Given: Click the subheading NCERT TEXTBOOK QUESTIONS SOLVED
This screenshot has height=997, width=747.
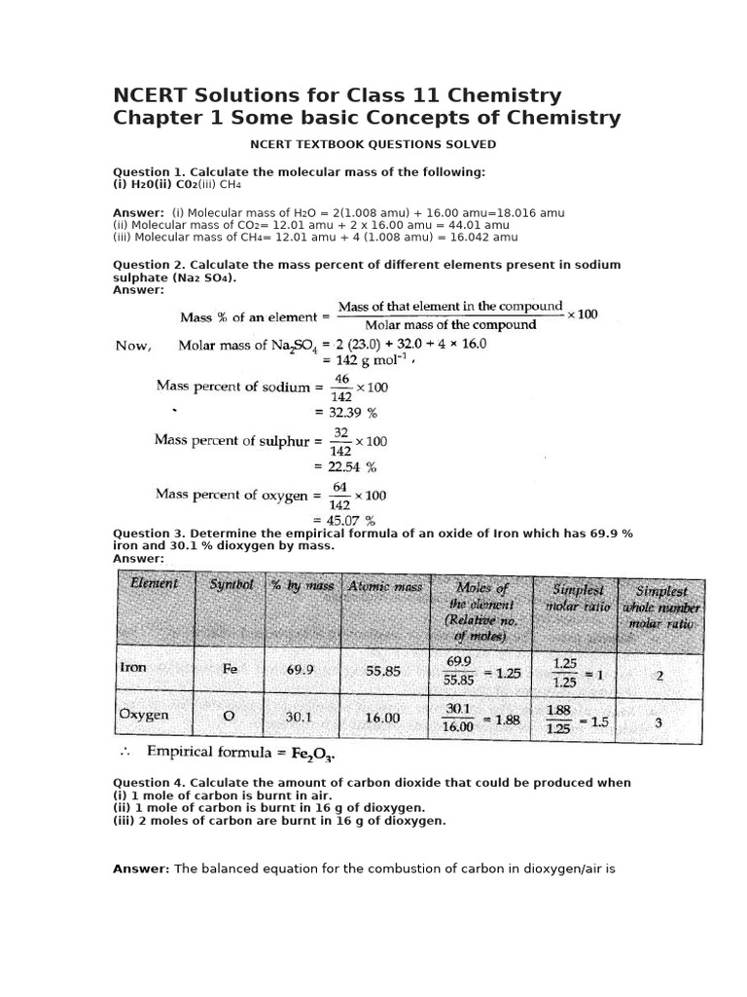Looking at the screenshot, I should pyautogui.click(x=373, y=144).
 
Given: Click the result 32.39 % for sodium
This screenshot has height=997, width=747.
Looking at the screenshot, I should pyautogui.click(x=350, y=412).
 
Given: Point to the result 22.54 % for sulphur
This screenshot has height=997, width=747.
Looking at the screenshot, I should pyautogui.click(x=350, y=466).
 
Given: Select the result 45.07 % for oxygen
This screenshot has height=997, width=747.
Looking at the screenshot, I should pyautogui.click(x=350, y=520).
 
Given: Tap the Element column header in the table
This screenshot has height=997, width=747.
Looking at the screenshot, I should pyautogui.click(x=148, y=584).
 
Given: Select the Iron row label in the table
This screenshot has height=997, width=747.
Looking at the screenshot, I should pyautogui.click(x=133, y=669).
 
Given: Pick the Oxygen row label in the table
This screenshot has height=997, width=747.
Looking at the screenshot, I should pyautogui.click(x=143, y=715).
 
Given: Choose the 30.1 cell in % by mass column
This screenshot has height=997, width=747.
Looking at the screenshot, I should pyautogui.click(x=298, y=717).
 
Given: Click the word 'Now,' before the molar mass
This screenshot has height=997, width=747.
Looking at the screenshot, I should pyautogui.click(x=133, y=345).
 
